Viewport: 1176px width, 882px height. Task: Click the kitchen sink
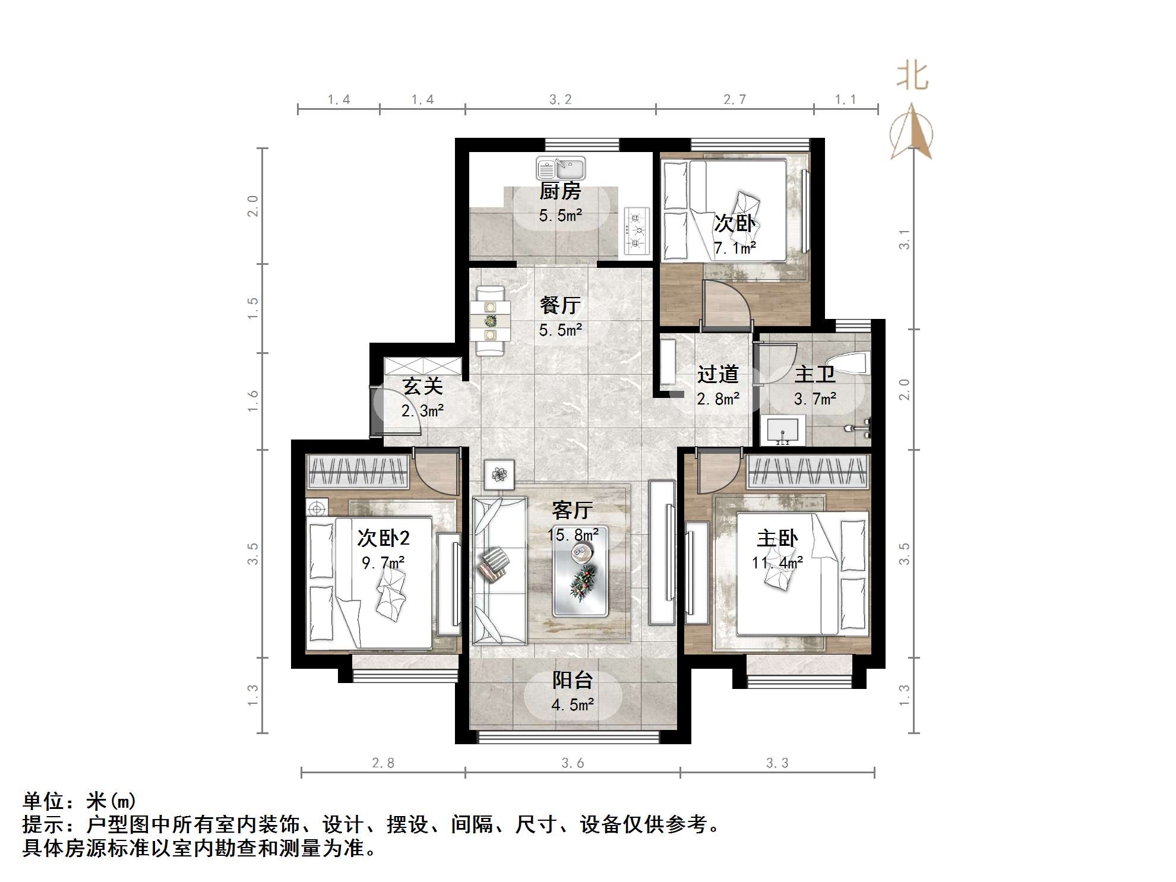(560, 169)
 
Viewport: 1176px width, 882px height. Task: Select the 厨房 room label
(560, 191)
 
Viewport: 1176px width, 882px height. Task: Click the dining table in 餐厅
(490, 321)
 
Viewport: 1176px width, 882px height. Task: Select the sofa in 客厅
(499, 570)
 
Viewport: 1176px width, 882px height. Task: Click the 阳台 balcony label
(573, 681)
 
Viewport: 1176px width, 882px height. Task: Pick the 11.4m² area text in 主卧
(777, 562)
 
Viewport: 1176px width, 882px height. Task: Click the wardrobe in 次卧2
(358, 472)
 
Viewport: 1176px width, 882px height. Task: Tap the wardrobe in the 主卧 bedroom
(808, 472)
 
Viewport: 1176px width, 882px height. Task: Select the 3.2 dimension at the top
(560, 100)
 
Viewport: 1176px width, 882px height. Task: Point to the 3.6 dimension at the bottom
(573, 763)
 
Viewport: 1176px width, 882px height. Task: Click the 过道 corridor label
(717, 374)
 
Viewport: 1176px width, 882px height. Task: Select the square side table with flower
(499, 475)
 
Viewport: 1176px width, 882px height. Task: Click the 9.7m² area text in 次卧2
(384, 562)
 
